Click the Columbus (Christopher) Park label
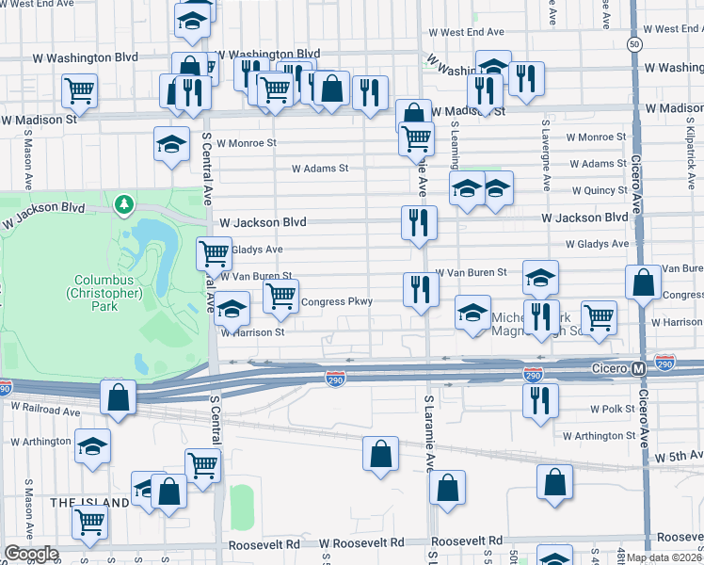[x=108, y=286]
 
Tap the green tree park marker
[x=122, y=203]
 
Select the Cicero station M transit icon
[x=638, y=367]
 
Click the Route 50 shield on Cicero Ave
[x=636, y=44]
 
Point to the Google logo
[x=31, y=554]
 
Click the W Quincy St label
[x=598, y=190]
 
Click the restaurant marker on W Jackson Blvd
[x=419, y=222]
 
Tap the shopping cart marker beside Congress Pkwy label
[x=280, y=295]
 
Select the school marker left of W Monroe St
[x=171, y=144]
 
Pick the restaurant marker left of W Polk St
[x=540, y=399]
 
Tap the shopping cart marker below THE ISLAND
[x=90, y=520]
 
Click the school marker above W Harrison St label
[x=232, y=308]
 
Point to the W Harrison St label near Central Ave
[x=253, y=332]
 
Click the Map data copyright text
[x=664, y=557]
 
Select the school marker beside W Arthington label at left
[x=92, y=445]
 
